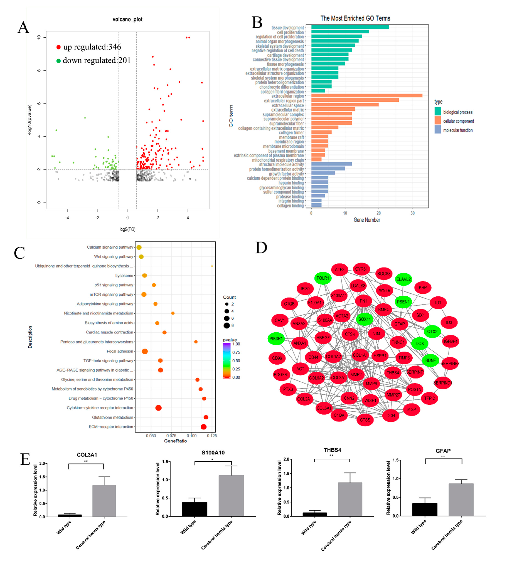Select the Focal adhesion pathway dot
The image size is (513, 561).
(145, 351)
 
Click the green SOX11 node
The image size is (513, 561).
(364, 319)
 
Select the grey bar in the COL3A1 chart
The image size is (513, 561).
(104, 501)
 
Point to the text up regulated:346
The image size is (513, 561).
(92, 47)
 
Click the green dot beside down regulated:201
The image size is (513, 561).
(58, 61)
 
